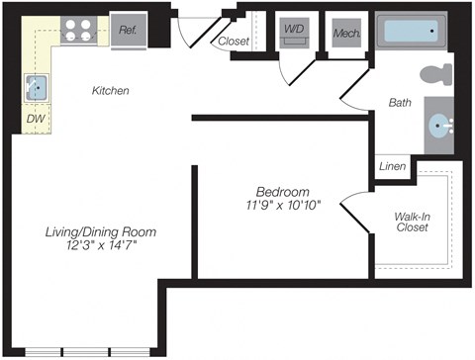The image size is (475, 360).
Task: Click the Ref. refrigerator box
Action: point(129,30)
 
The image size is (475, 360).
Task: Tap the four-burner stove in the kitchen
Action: point(79,30)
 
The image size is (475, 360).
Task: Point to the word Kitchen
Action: point(111,91)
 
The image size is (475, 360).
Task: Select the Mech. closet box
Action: point(346,32)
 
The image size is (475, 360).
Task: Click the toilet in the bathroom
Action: point(433,75)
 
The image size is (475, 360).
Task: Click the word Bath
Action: point(400,102)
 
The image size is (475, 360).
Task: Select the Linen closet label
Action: point(392,167)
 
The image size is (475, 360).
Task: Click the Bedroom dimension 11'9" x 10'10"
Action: point(282,206)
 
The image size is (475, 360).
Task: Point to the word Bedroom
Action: point(282,191)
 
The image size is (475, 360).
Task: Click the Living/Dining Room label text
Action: point(100,231)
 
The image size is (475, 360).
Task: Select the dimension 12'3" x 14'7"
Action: point(100,246)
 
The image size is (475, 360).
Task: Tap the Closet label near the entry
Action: point(234,42)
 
